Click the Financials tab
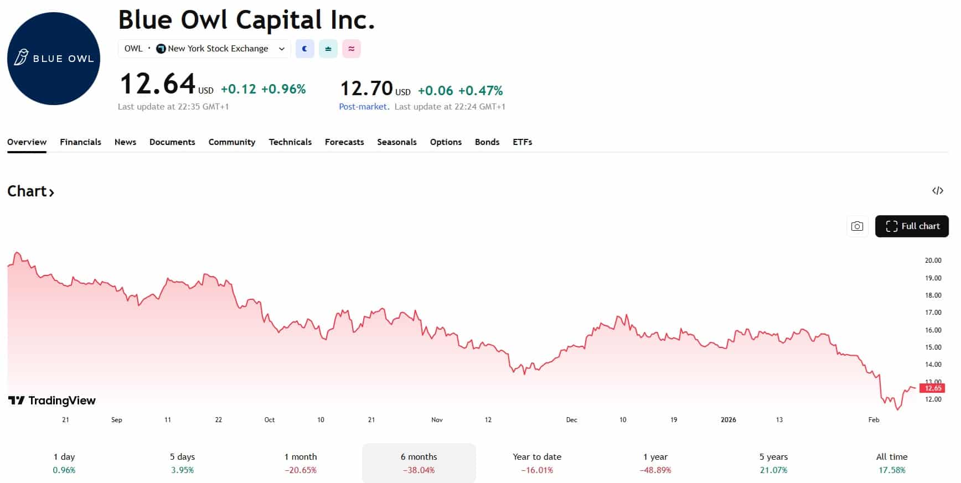pyautogui.click(x=80, y=142)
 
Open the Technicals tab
pyautogui.click(x=290, y=142)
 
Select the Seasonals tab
pyautogui.click(x=396, y=142)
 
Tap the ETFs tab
pyautogui.click(x=522, y=142)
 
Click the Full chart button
pyautogui.click(x=912, y=226)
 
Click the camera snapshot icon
pyautogui.click(x=857, y=226)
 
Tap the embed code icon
pyautogui.click(x=937, y=191)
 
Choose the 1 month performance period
pyautogui.click(x=301, y=463)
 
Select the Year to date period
pyautogui.click(x=537, y=463)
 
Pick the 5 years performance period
pyautogui.click(x=773, y=463)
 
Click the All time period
pyautogui.click(x=892, y=463)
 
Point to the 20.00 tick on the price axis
pyautogui.click(x=933, y=261)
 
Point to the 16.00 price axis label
pyautogui.click(x=933, y=330)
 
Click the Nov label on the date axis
pyautogui.click(x=437, y=420)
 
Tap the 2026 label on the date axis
pyautogui.click(x=728, y=420)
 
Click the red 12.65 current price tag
pyautogui.click(x=933, y=388)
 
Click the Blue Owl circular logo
pyautogui.click(x=54, y=59)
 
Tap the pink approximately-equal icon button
pyautogui.click(x=352, y=49)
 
